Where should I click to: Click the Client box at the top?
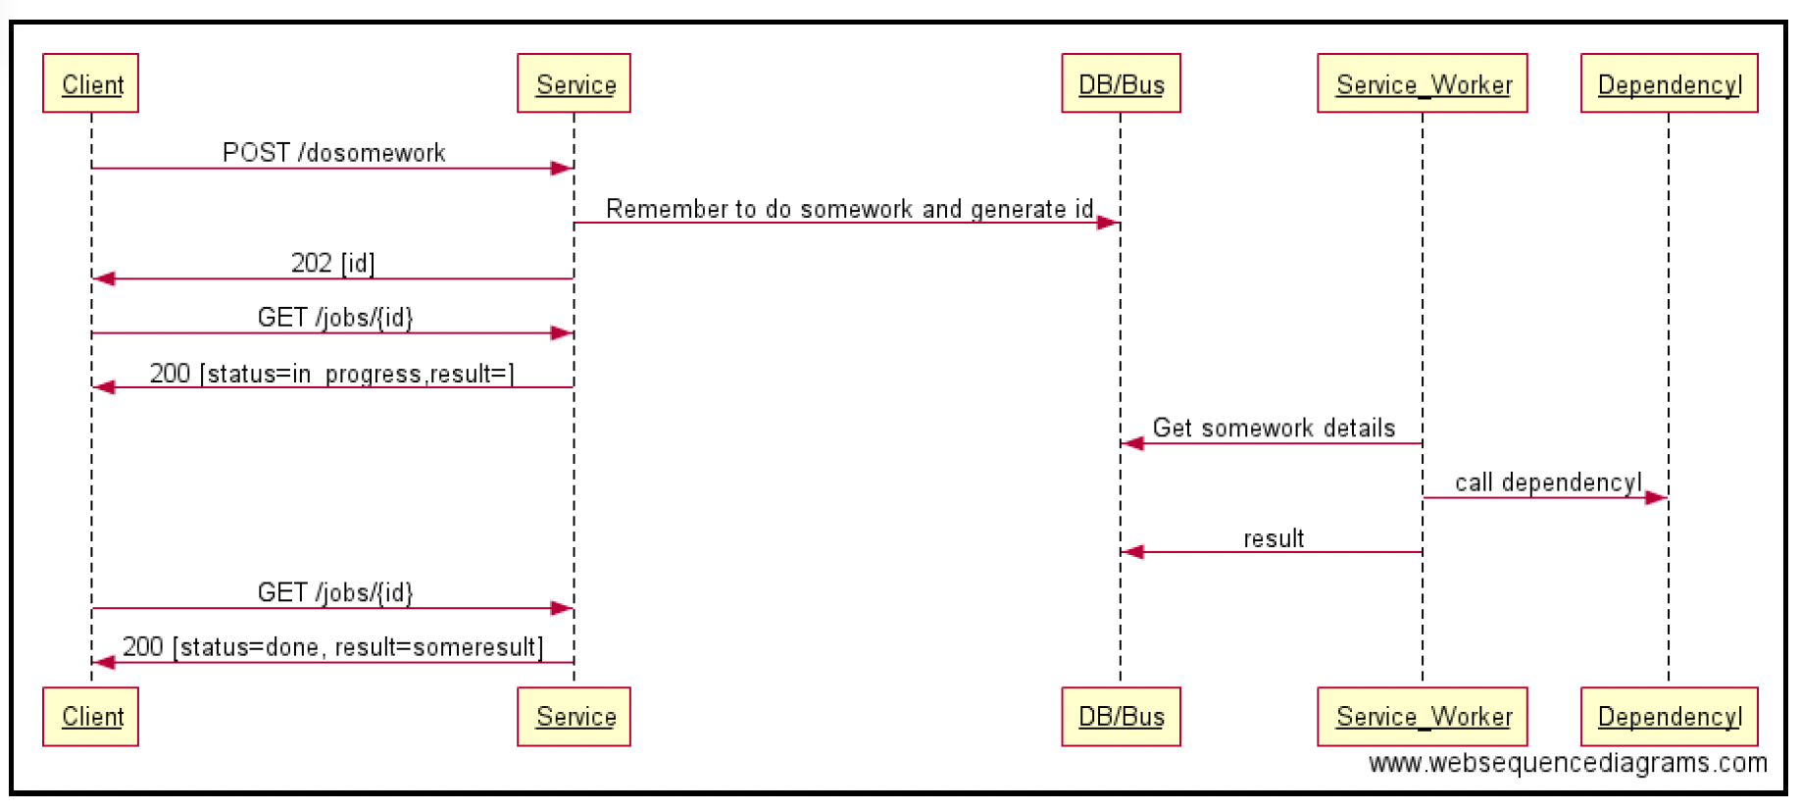pyautogui.click(x=91, y=83)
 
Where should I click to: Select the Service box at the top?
pyautogui.click(x=575, y=83)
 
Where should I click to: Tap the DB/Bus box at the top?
pyautogui.click(x=1122, y=83)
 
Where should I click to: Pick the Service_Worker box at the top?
pyautogui.click(x=1423, y=83)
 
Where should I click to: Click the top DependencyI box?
pyautogui.click(x=1670, y=83)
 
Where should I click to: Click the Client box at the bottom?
pyautogui.click(x=91, y=717)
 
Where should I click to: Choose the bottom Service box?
pyautogui.click(x=575, y=717)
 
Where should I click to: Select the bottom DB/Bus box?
pyautogui.click(x=1122, y=717)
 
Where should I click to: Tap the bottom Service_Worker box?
pyautogui.click(x=1423, y=717)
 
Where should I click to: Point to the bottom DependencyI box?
pyautogui.click(x=1670, y=717)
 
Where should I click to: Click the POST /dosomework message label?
pyautogui.click(x=334, y=153)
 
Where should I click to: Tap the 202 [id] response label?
pyautogui.click(x=333, y=263)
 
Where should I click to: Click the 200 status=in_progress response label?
pyautogui.click(x=332, y=374)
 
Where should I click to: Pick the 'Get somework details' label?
pyautogui.click(x=1274, y=428)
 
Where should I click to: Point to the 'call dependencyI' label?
pyautogui.click(x=1548, y=482)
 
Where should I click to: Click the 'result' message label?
pyautogui.click(x=1274, y=538)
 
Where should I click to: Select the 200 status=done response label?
pyautogui.click(x=333, y=647)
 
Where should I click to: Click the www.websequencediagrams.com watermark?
pyautogui.click(x=1568, y=763)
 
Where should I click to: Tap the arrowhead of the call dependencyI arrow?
pyautogui.click(x=1657, y=498)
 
